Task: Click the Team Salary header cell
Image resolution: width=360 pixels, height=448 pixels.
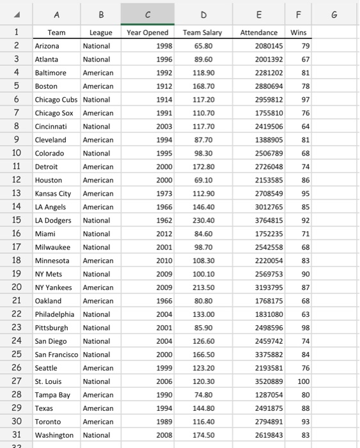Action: [x=202, y=33]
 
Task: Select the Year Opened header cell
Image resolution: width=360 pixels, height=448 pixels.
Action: [x=148, y=33]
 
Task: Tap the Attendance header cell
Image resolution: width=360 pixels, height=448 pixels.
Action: [x=259, y=33]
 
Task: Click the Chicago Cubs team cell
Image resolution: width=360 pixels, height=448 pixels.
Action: [x=56, y=100]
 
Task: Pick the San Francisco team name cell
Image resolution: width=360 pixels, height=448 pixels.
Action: [x=56, y=355]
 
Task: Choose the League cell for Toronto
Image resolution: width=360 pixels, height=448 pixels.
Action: [x=98, y=422]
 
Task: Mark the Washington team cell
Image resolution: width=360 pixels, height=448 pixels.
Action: [x=56, y=435]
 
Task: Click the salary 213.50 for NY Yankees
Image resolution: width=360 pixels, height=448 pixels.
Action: [x=202, y=287]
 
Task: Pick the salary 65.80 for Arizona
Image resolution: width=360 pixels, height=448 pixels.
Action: [x=202, y=46]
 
